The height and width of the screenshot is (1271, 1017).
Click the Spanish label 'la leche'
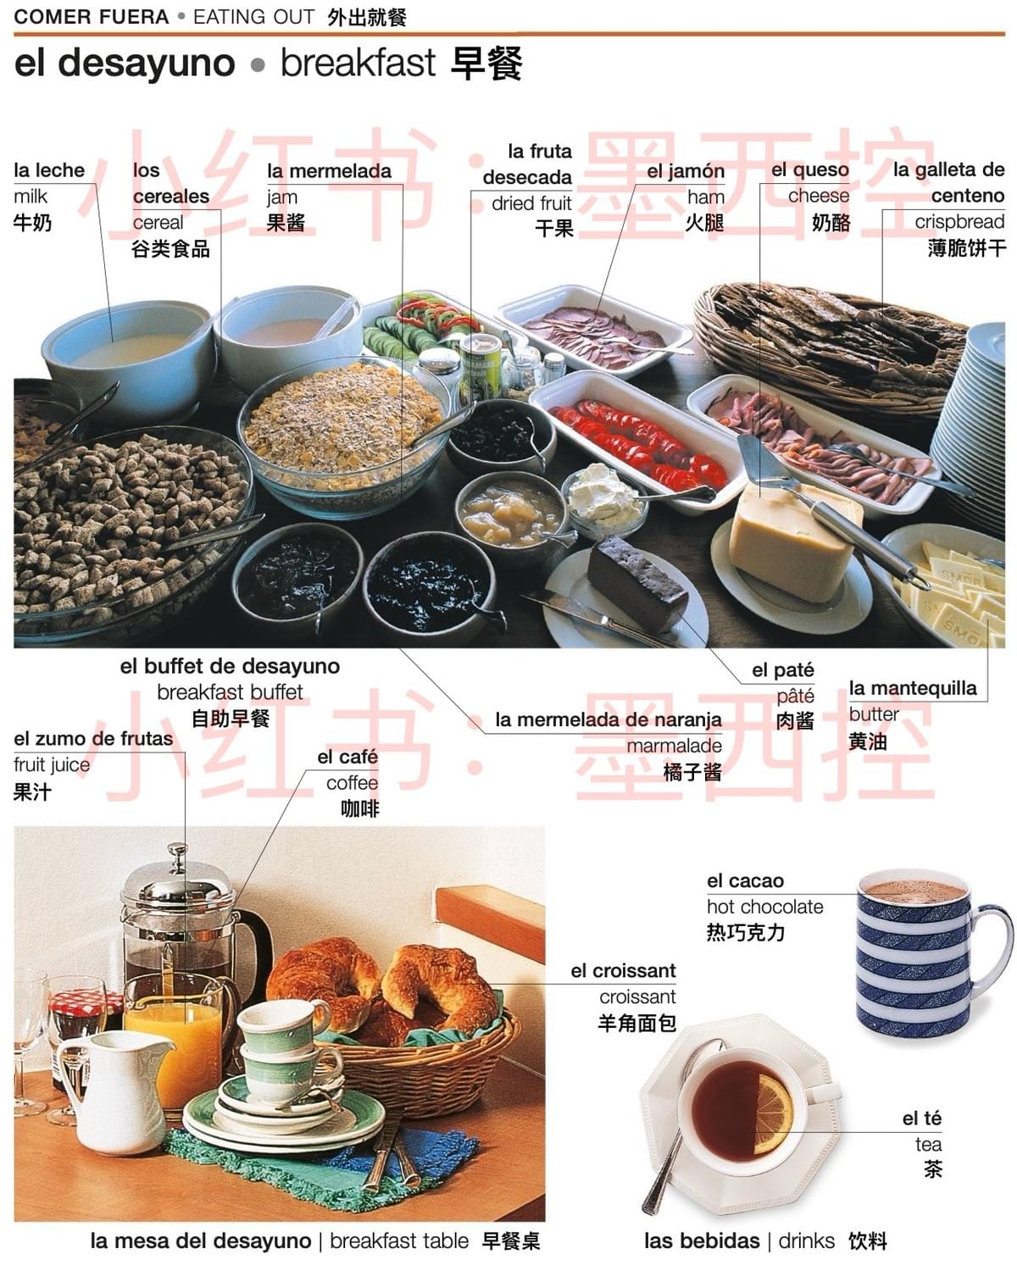pyautogui.click(x=49, y=170)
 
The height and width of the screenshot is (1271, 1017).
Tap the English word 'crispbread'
pyautogui.click(x=959, y=222)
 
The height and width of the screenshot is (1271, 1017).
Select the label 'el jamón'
pyautogui.click(x=686, y=171)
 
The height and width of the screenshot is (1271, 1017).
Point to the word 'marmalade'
pyautogui.click(x=674, y=746)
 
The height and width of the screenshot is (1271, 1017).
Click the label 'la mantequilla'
pyautogui.click(x=912, y=688)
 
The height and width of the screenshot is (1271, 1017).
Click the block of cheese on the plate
pyautogui.click(x=788, y=542)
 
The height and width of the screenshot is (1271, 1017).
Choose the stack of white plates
pyautogui.click(x=975, y=424)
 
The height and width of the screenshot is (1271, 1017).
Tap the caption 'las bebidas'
pyautogui.click(x=701, y=1241)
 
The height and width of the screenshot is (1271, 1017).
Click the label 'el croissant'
pyautogui.click(x=623, y=971)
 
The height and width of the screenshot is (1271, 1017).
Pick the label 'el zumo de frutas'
pyautogui.click(x=93, y=739)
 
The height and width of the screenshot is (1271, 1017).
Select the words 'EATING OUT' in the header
pyautogui.click(x=253, y=16)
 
